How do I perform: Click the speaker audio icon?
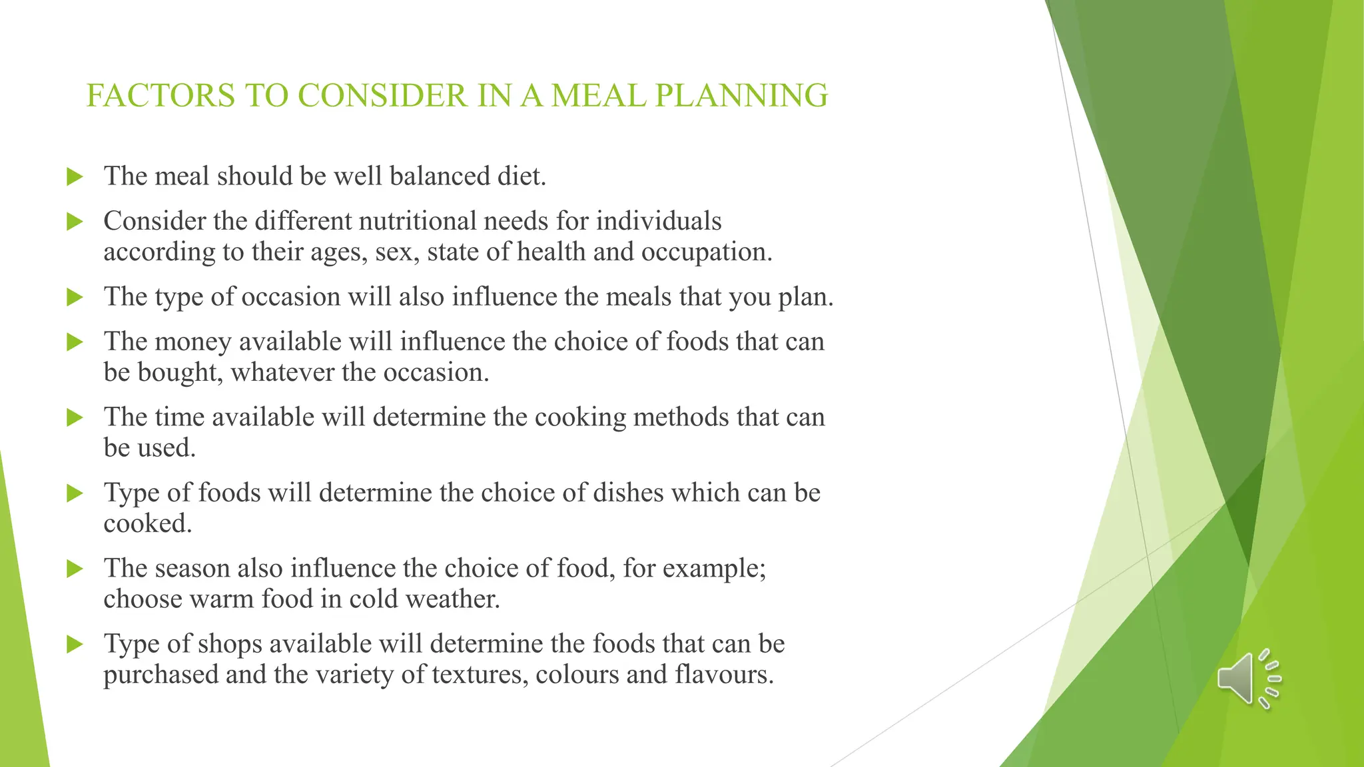(1248, 678)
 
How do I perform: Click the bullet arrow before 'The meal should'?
(75, 177)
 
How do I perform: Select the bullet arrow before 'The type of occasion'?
(75, 298)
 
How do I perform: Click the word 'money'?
(192, 342)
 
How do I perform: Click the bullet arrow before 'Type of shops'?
(75, 644)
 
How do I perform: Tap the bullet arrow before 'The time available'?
(75, 418)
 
